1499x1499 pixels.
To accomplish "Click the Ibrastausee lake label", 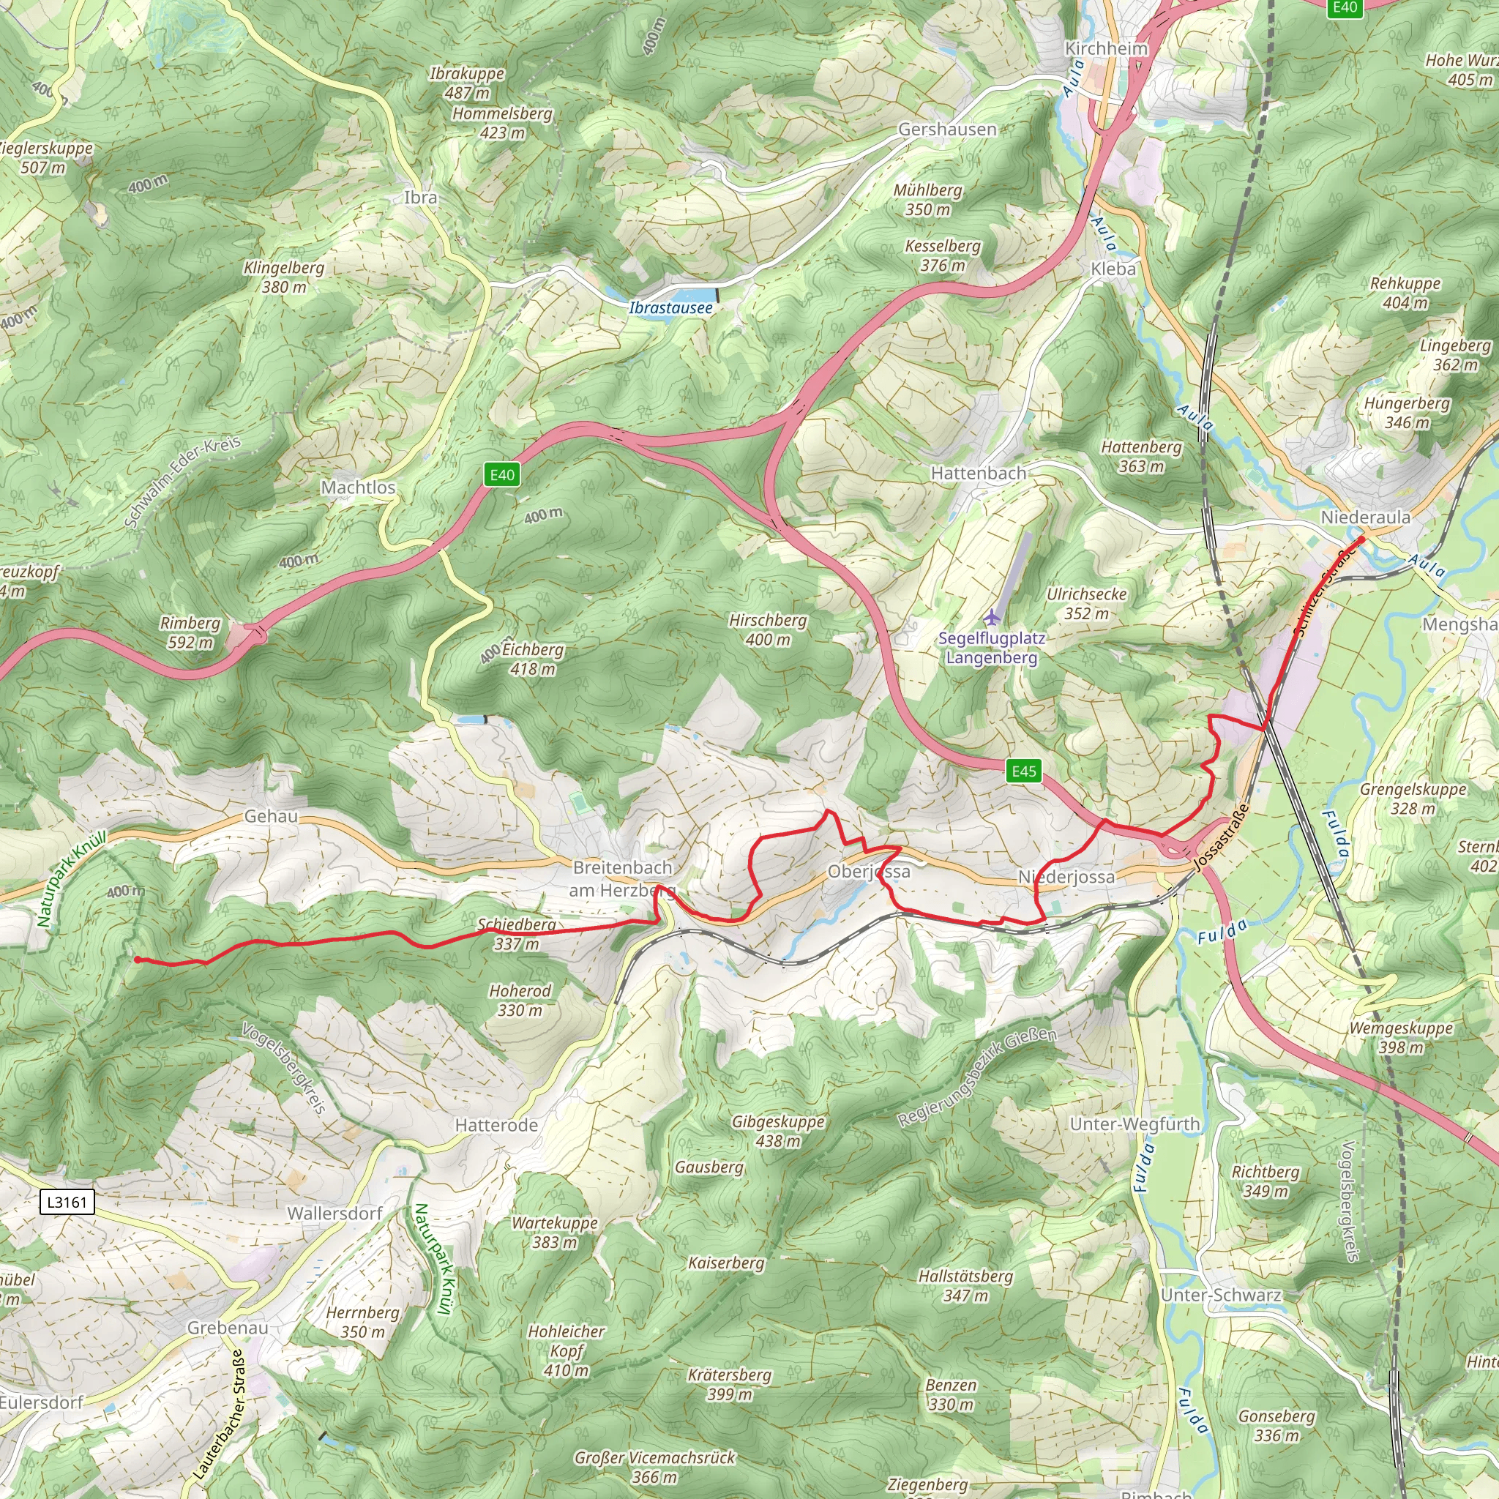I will pos(670,308).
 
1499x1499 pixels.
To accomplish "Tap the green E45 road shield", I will pos(1023,771).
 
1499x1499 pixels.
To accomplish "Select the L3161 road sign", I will pos(67,1203).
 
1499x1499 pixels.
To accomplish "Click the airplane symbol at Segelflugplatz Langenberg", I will pos(992,618).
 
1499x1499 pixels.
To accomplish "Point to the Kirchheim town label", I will pos(1106,48).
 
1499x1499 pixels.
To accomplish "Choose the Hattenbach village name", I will pos(978,474).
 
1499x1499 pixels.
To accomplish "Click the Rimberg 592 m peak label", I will pos(190,632).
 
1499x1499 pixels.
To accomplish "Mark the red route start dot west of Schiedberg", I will pos(138,960).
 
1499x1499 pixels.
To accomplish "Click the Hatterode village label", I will pos(496,1125).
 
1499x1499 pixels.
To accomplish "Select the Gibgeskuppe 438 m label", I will pos(777,1132).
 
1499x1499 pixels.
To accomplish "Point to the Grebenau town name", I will pos(228,1328).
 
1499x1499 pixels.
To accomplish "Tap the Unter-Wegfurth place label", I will pos(1134,1124).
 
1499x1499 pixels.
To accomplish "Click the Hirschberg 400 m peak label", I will pos(767,630).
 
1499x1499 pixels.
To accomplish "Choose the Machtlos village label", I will pos(358,487).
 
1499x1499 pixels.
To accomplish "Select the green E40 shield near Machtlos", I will pos(501,475).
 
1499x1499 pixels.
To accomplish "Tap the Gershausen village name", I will pos(946,130).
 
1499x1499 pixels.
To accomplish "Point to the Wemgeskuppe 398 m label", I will pos(1400,1037).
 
